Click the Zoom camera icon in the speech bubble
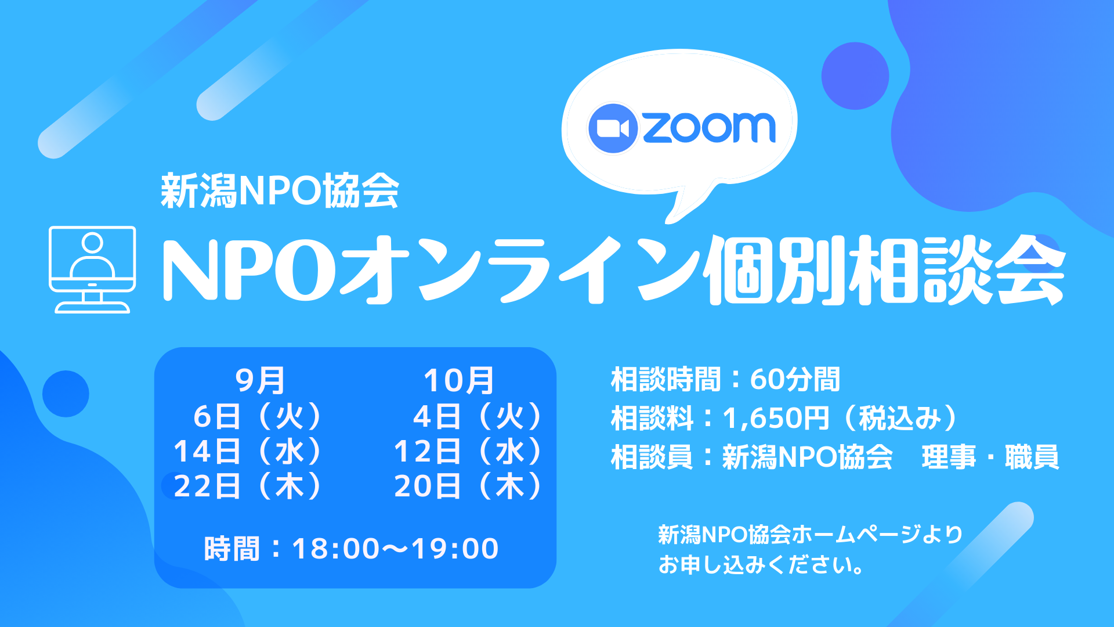[x=613, y=128]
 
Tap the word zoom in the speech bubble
[x=709, y=128]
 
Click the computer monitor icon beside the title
[x=92, y=269]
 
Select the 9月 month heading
[x=260, y=381]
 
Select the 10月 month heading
[x=458, y=381]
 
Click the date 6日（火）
[x=258, y=416]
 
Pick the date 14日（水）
[x=248, y=451]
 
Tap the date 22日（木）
[x=248, y=486]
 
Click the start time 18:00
[x=336, y=549]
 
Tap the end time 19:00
[x=455, y=549]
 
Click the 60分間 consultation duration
[x=795, y=380]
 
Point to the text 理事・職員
[x=990, y=457]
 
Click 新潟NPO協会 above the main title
[x=280, y=191]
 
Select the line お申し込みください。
[x=761, y=565]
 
